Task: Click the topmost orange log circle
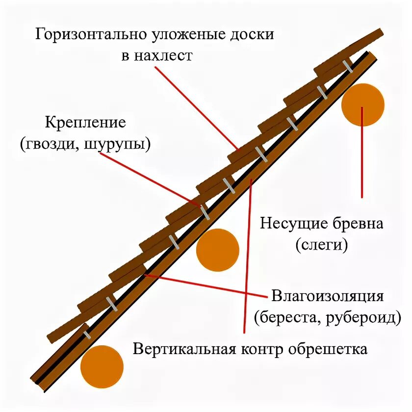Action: (363, 105)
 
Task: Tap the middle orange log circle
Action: (217, 250)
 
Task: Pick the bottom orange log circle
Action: (102, 367)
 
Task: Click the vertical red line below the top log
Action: (363, 157)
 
